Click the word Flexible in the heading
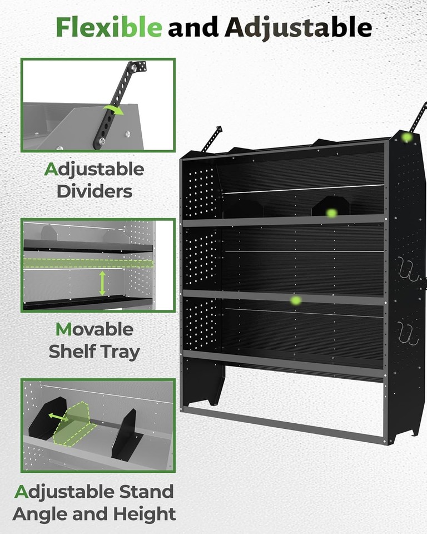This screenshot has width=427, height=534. (x=109, y=27)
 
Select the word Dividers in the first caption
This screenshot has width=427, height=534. (x=95, y=191)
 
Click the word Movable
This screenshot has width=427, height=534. (x=94, y=329)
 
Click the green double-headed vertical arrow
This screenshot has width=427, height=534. (x=102, y=284)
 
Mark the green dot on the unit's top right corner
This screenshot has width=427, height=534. (x=407, y=137)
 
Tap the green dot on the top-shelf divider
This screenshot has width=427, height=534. (x=331, y=212)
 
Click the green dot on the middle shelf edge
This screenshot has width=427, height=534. (x=296, y=300)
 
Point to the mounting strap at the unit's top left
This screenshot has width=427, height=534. (x=212, y=139)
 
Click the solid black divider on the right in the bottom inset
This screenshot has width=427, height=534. (x=125, y=434)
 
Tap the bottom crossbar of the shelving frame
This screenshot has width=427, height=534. (x=284, y=426)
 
